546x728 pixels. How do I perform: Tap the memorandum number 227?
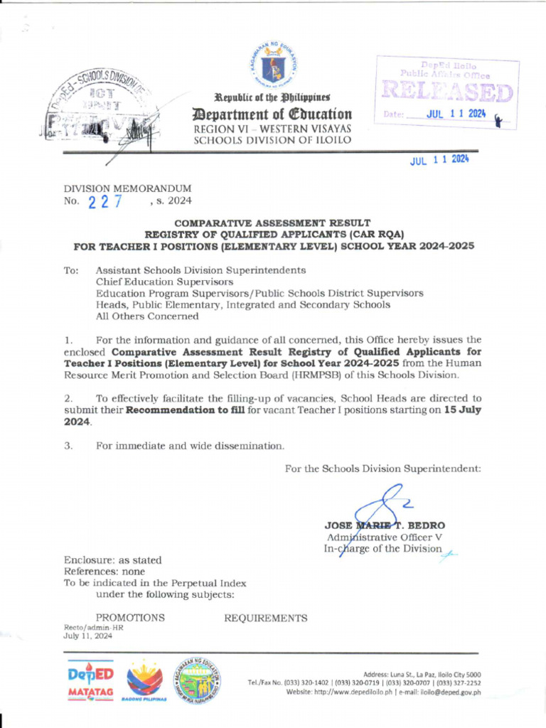[x=105, y=202]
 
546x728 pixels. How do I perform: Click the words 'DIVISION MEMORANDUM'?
[x=128, y=188]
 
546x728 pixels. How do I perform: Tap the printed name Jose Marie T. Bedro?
[x=385, y=525]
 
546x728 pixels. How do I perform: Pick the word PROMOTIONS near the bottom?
[x=130, y=618]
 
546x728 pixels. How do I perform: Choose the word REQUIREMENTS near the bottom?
[x=266, y=618]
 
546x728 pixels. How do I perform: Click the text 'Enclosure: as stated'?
[x=113, y=560]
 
